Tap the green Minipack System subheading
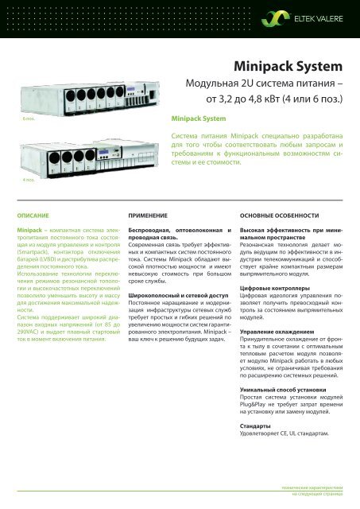[x=199, y=119]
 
